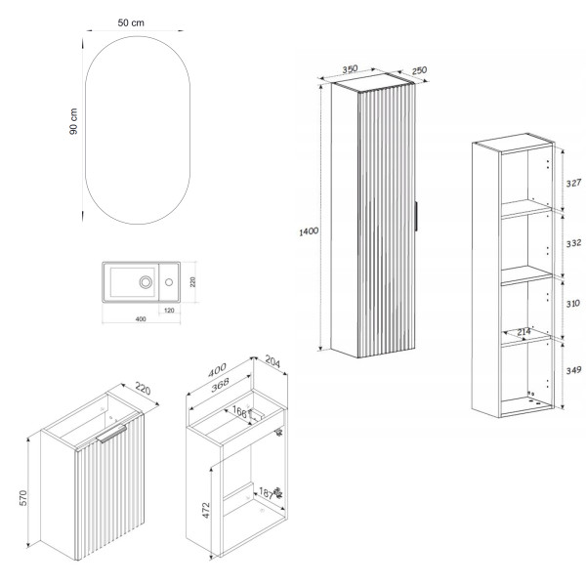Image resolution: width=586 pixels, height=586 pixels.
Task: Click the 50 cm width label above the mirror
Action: point(131,22)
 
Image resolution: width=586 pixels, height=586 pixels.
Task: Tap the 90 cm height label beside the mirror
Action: point(73,121)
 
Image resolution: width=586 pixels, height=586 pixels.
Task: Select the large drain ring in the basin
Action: point(146,282)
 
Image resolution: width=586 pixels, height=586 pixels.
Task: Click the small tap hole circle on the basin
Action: point(169,282)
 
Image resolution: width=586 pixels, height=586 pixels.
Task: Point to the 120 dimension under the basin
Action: point(169,311)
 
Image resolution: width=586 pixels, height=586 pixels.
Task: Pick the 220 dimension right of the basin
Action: point(192,282)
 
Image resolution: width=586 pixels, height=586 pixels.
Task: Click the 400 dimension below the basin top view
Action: point(141,318)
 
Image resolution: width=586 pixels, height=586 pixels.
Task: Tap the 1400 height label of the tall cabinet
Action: point(309,231)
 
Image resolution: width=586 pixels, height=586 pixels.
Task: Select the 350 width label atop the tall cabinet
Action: point(351,69)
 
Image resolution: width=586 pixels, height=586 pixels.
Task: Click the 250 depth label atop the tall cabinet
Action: point(419,70)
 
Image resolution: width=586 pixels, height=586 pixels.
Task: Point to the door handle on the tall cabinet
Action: point(416,217)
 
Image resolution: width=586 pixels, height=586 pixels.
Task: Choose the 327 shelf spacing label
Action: point(573,184)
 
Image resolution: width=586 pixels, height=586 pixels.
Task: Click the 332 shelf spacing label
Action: point(573,243)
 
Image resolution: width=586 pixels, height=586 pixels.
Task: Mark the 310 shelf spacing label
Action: point(573,304)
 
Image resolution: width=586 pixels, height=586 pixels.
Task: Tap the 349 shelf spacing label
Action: point(573,370)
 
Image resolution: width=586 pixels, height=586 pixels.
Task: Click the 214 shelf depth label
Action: point(523,331)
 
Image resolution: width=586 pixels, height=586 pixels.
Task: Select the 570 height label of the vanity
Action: point(23,498)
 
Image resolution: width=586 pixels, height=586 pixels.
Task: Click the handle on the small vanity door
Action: point(111,434)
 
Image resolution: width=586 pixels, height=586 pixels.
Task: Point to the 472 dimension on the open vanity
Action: point(206,510)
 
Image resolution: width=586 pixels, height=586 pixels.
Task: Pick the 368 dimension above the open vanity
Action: point(220,386)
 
